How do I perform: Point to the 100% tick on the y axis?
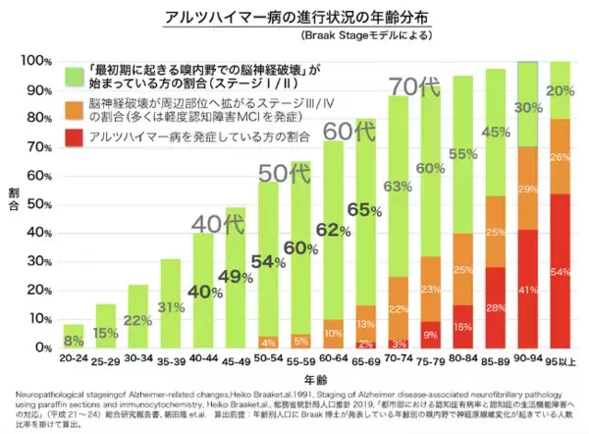click(36, 61)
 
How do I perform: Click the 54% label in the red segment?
click(561, 269)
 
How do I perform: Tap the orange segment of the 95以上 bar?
click(560, 157)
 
